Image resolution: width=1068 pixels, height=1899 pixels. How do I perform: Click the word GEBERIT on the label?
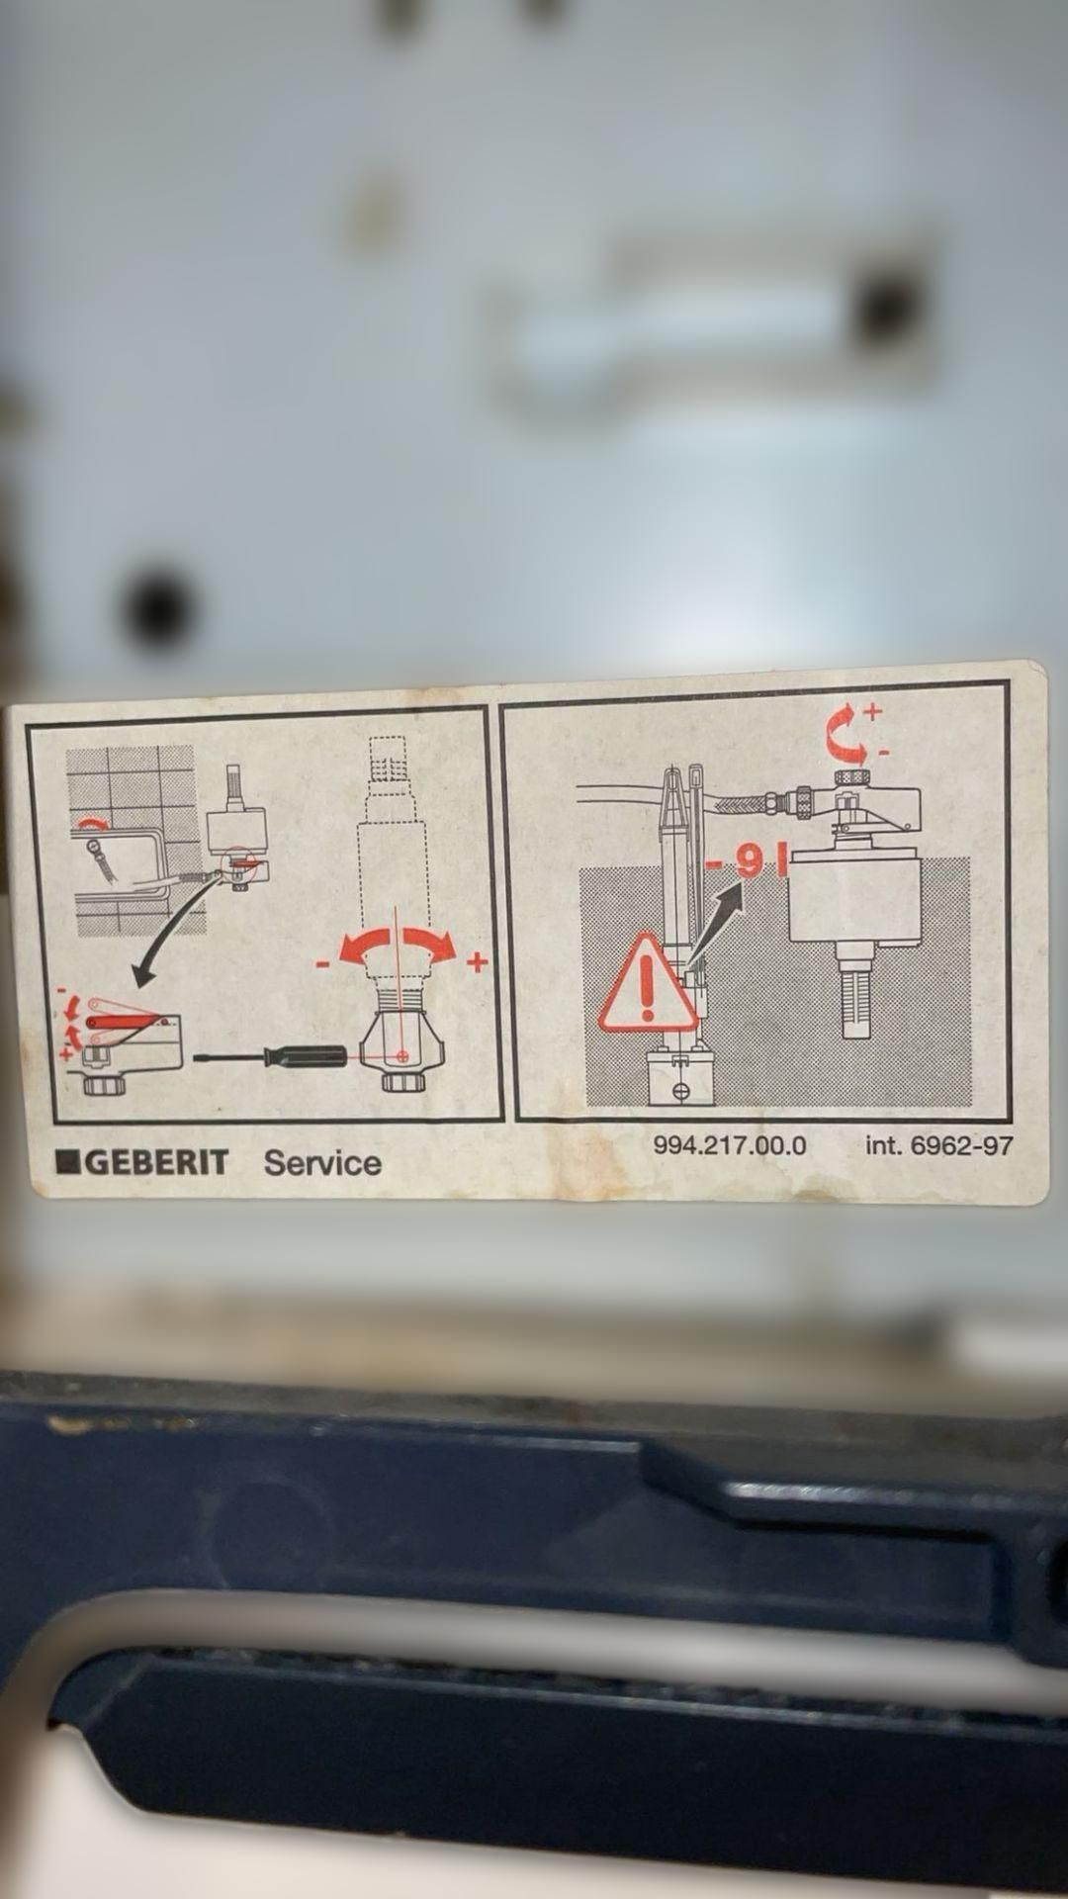tap(157, 1161)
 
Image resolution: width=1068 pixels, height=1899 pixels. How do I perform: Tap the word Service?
tap(322, 1162)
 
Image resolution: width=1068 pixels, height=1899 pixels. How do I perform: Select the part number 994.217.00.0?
tap(730, 1145)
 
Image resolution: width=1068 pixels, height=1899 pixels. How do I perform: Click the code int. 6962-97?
tap(939, 1145)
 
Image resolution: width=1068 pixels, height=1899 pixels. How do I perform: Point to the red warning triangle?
tap(648, 983)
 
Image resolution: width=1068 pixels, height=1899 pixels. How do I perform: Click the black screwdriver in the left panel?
tap(270, 1055)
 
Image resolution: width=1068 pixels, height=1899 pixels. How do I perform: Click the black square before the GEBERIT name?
tap(69, 1161)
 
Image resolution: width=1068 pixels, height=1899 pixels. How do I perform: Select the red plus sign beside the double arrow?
tap(478, 961)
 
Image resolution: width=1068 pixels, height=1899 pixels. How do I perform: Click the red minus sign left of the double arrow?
tap(322, 962)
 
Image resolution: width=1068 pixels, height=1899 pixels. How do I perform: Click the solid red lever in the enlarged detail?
tap(119, 1019)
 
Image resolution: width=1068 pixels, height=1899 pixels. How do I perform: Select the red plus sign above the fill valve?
tap(872, 710)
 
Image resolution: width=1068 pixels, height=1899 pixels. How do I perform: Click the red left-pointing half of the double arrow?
tap(364, 949)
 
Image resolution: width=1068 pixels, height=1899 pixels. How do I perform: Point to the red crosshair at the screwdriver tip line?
tap(401, 1056)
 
